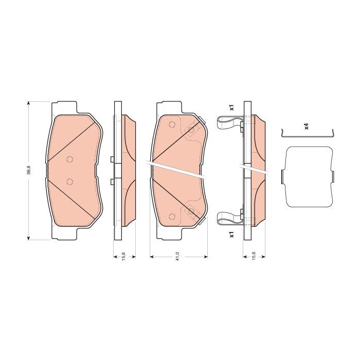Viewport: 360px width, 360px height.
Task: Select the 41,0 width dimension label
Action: coord(177,256)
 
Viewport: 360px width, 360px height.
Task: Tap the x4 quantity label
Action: coord(306,126)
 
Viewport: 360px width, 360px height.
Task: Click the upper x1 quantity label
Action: coord(231,107)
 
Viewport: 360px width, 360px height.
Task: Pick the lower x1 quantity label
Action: coord(231,235)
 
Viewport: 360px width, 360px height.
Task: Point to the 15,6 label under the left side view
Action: coord(123,256)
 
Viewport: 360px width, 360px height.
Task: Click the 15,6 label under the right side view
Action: coord(254,256)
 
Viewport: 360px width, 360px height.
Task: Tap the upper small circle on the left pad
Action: coord(69,159)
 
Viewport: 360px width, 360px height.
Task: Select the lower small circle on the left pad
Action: coord(69,182)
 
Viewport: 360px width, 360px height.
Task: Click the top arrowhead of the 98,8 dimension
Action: coord(28,103)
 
